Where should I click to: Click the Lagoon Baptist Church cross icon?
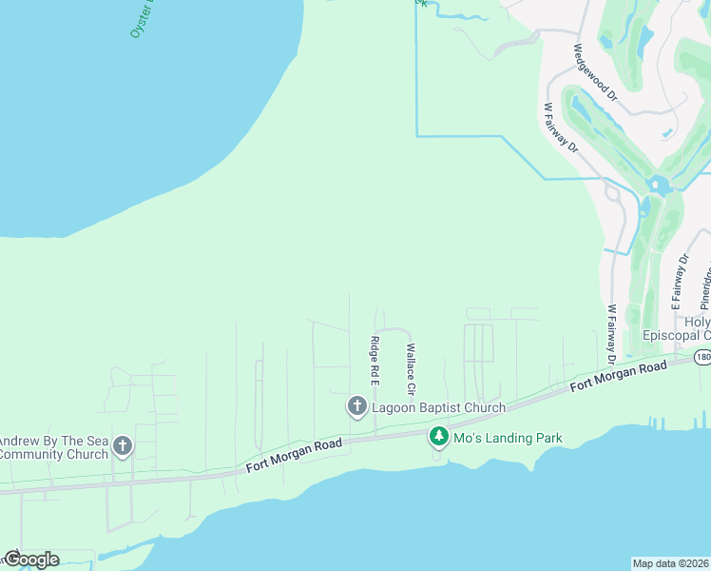coord(357,407)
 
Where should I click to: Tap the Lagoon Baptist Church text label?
coord(437,407)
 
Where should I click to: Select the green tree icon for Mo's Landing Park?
coord(438,437)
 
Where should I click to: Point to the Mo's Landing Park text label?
coord(508,439)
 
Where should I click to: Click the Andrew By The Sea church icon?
coord(122,445)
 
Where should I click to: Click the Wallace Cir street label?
coord(412,370)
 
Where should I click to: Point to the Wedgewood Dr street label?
coord(596,71)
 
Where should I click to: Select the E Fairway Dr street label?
coord(680,282)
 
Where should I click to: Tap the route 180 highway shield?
coord(701,357)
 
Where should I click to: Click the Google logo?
coord(30,559)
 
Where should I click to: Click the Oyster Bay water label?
coord(142,19)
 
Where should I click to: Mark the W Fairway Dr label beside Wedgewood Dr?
coord(560,127)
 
